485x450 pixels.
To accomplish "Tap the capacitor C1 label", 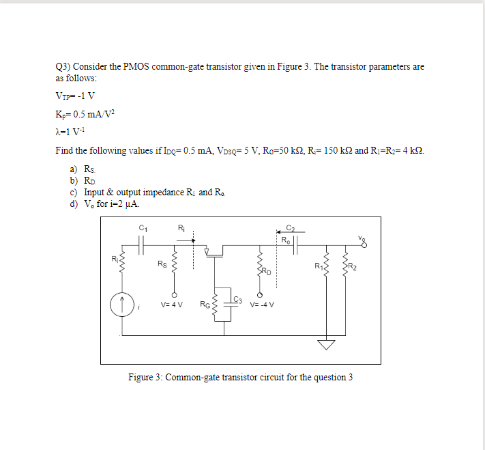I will point(143,227).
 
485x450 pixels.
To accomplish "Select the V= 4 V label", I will point(171,305).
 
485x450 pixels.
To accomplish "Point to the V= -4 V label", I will point(263,305).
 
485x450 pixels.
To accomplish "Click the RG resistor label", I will point(205,305).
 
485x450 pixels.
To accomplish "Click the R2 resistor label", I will point(353,267).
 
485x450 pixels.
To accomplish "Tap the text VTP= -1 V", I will point(75,95).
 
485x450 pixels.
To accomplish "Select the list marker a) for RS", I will point(72,168).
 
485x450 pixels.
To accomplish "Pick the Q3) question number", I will point(63,67).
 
